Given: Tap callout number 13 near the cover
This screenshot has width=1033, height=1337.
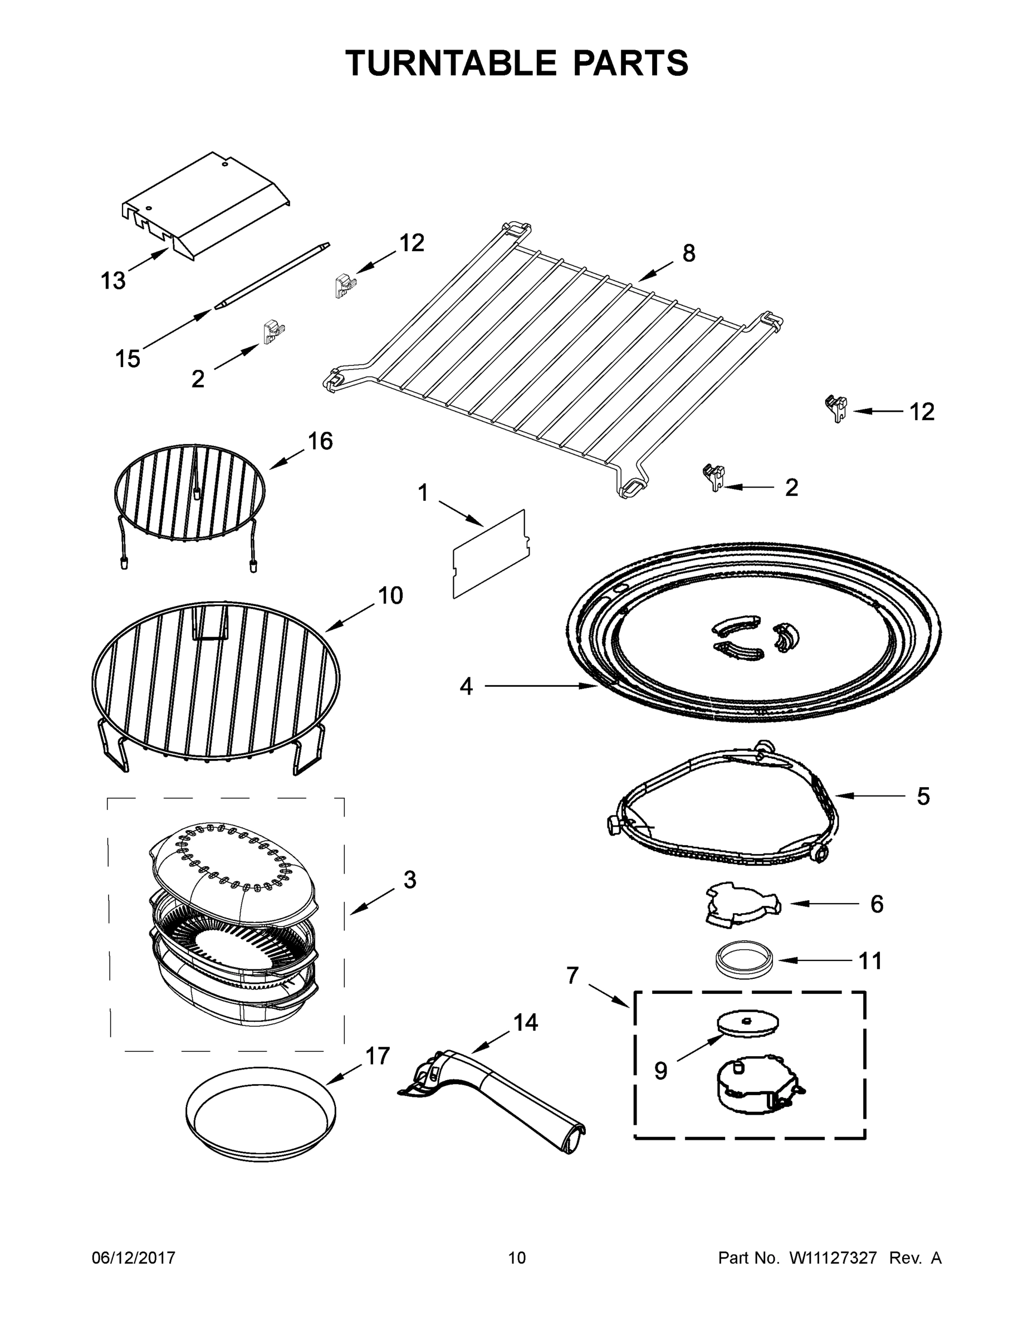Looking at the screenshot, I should (x=112, y=281).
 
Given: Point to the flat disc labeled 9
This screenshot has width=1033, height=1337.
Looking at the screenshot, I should (x=748, y=1023).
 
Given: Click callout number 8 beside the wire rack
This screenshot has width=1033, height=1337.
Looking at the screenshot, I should (x=688, y=253).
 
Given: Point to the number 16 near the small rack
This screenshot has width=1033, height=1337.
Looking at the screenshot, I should (x=320, y=441).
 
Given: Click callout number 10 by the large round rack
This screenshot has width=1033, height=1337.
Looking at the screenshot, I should (x=390, y=596).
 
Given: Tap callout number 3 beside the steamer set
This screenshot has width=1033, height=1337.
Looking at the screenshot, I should (x=409, y=880).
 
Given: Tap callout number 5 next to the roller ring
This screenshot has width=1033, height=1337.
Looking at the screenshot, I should (x=923, y=797).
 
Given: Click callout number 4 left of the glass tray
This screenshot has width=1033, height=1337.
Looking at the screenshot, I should (x=466, y=687).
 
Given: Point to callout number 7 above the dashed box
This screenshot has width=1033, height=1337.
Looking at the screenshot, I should (x=572, y=975).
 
